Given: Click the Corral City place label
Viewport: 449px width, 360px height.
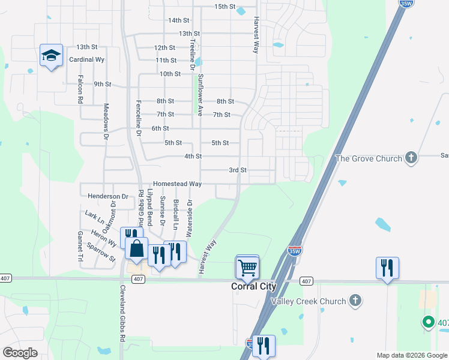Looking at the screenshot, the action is pyautogui.click(x=253, y=287).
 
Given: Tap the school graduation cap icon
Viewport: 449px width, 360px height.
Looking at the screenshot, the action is pyautogui.click(x=52, y=56).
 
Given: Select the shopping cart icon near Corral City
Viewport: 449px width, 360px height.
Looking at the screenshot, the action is pyautogui.click(x=247, y=268).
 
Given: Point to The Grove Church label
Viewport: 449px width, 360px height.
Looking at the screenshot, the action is pyautogui.click(x=368, y=158).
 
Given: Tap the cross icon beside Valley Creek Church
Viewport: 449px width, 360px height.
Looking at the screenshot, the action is pyautogui.click(x=355, y=301).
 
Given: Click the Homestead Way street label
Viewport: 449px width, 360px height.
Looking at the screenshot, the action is pyautogui.click(x=177, y=184).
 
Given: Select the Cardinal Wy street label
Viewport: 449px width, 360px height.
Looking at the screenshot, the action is pyautogui.click(x=87, y=60).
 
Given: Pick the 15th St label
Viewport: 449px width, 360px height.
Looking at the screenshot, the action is pyautogui.click(x=225, y=7).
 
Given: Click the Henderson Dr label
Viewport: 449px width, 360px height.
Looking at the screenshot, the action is pyautogui.click(x=108, y=196).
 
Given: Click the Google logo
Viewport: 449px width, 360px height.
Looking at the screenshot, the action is pyautogui.click(x=20, y=353).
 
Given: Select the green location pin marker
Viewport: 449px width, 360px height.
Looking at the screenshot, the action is pyautogui.click(x=428, y=322).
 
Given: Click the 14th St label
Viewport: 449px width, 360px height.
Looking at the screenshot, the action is pyautogui.click(x=178, y=20).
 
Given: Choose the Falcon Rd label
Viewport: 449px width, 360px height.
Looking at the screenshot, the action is pyautogui.click(x=80, y=89).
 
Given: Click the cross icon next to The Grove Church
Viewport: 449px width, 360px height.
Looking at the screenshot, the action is pyautogui.click(x=411, y=158).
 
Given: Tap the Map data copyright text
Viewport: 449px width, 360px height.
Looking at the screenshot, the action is pyautogui.click(x=412, y=355).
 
